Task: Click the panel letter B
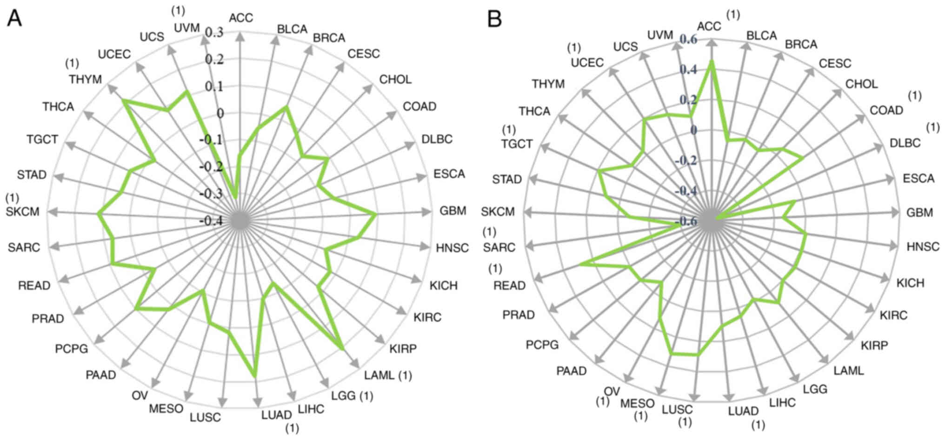[494, 19]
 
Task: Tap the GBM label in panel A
[453, 211]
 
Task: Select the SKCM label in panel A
[23, 212]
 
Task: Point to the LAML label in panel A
[379, 375]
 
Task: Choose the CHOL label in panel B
[861, 84]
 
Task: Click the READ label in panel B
[509, 285]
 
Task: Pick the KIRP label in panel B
[874, 345]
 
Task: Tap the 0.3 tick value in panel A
[214, 32]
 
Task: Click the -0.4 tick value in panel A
[211, 220]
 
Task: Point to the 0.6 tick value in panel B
[688, 40]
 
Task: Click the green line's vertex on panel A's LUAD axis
[254, 375]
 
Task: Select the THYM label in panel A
[85, 80]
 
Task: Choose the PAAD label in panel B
[571, 371]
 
